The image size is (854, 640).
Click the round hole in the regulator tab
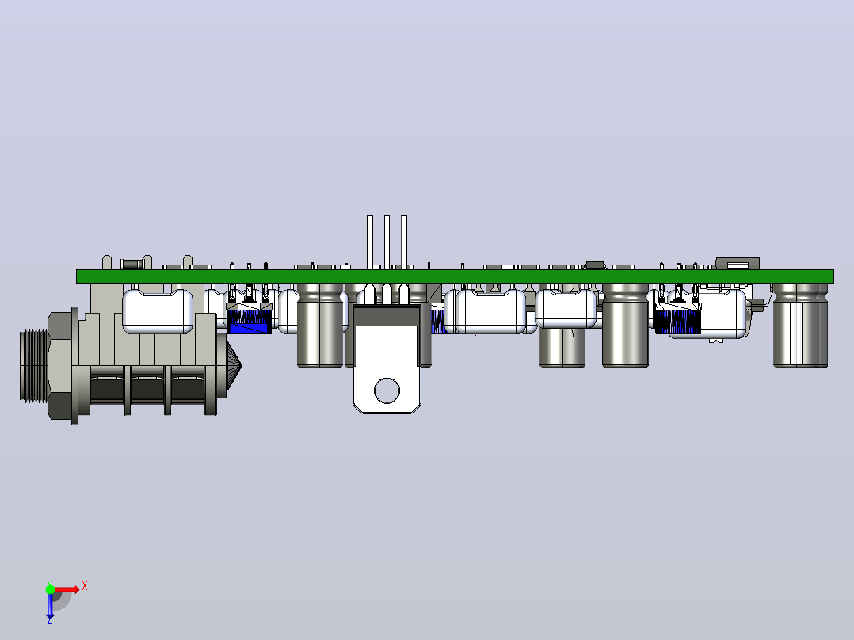click(387, 390)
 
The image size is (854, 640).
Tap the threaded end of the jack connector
click(34, 365)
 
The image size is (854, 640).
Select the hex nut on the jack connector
click(62, 366)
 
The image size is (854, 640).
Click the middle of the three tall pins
click(387, 242)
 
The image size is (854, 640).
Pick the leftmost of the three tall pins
click(370, 242)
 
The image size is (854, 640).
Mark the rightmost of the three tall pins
click(404, 242)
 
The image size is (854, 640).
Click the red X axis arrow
click(67, 589)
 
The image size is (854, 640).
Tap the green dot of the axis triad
click(50, 589)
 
